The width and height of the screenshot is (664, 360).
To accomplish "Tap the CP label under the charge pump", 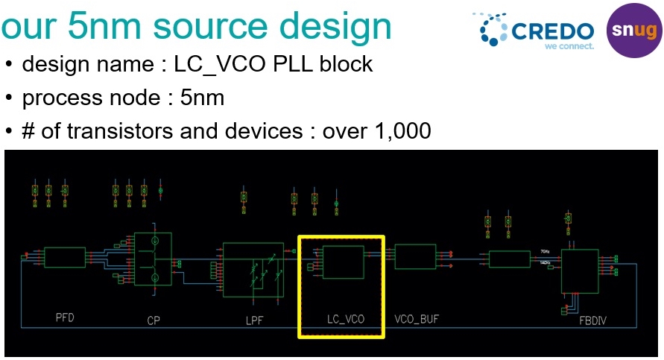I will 154,320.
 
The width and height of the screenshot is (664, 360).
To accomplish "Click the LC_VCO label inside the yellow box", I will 345,320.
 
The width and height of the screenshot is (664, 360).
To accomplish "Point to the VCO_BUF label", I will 417,319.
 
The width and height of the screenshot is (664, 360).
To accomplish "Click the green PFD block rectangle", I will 65,258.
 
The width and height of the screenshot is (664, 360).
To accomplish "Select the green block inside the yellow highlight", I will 342,262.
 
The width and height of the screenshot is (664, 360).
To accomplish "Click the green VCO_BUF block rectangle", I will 415,257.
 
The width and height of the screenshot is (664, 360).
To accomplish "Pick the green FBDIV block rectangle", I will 581,271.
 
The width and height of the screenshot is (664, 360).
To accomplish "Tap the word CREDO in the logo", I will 552,31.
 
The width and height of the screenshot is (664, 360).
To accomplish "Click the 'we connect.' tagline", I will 569,46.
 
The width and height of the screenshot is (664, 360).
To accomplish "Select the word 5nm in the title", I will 115,26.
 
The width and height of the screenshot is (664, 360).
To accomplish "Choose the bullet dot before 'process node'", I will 9,98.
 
